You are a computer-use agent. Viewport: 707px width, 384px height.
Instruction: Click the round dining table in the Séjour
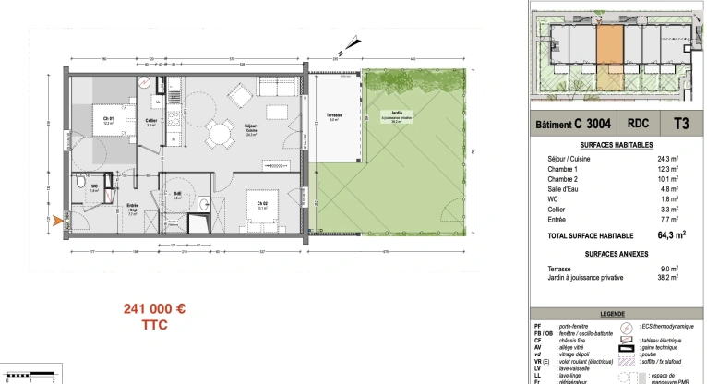point(219,135)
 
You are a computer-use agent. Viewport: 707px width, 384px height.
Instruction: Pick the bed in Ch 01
point(107,120)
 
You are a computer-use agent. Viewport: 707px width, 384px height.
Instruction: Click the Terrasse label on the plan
point(333,117)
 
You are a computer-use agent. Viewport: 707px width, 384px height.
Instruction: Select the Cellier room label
point(150,122)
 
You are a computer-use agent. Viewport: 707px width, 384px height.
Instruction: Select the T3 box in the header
point(681,124)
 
